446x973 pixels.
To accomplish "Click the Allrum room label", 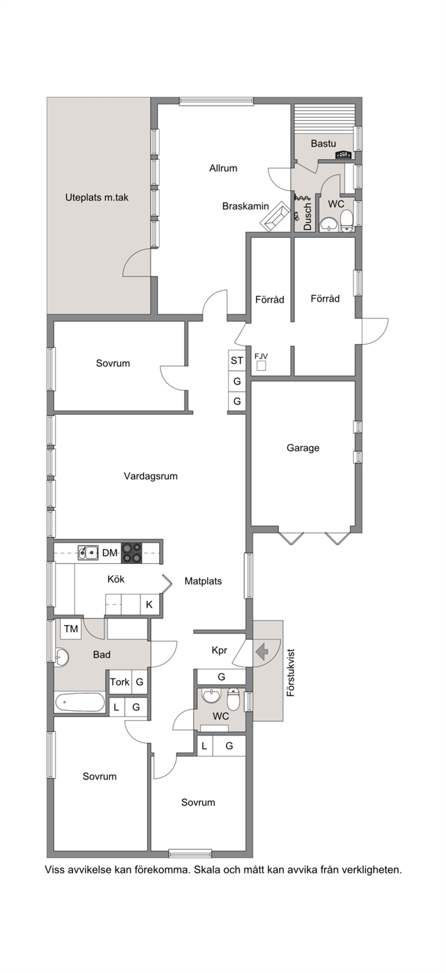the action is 223,168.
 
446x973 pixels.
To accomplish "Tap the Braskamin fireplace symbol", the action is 275,217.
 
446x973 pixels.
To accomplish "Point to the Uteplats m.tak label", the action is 97,197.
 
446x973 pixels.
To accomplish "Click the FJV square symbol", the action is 261,366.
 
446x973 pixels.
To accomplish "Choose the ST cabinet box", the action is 237,360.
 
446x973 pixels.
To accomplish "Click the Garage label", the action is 303,448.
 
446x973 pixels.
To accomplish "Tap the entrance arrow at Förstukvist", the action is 262,652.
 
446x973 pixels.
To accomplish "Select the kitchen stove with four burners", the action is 132,553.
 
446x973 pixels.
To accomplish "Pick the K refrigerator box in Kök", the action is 149,604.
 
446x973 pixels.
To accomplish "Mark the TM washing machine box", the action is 71,628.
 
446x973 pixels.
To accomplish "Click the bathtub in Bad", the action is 79,702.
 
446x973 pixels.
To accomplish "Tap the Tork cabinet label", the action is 119,682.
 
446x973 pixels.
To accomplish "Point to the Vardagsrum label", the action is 151,476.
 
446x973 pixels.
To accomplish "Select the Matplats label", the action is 203,581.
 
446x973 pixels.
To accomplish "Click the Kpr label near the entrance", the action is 219,650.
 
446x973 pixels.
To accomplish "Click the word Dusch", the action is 307,217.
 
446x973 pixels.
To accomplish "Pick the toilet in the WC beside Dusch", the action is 346,221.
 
